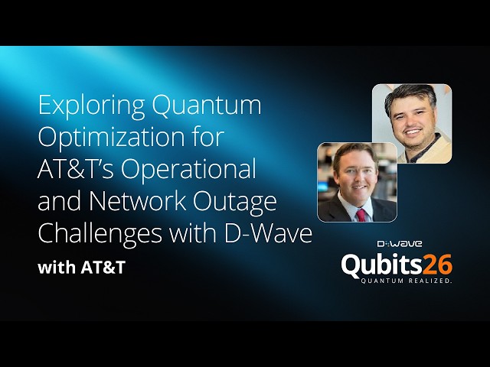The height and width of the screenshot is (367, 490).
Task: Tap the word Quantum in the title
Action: coord(207,106)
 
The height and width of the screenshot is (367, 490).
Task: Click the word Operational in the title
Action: coord(188,171)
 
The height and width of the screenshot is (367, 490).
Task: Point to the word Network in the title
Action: coord(138,200)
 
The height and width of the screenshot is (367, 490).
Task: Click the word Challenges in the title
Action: coord(100,235)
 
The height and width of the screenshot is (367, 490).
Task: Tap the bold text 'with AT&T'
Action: coord(82,268)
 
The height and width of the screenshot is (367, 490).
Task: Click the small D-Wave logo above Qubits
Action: coord(400,244)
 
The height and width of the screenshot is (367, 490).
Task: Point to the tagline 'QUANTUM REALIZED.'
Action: coord(407,281)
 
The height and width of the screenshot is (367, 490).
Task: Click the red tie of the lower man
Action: coord(361,216)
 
